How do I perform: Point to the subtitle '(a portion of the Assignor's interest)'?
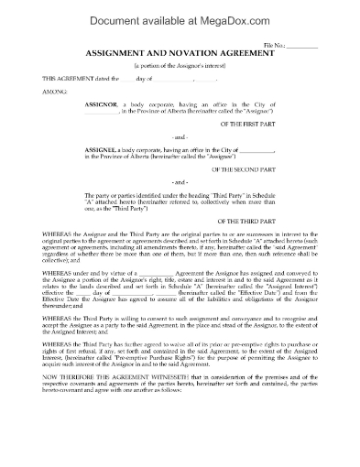(x=180, y=67)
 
